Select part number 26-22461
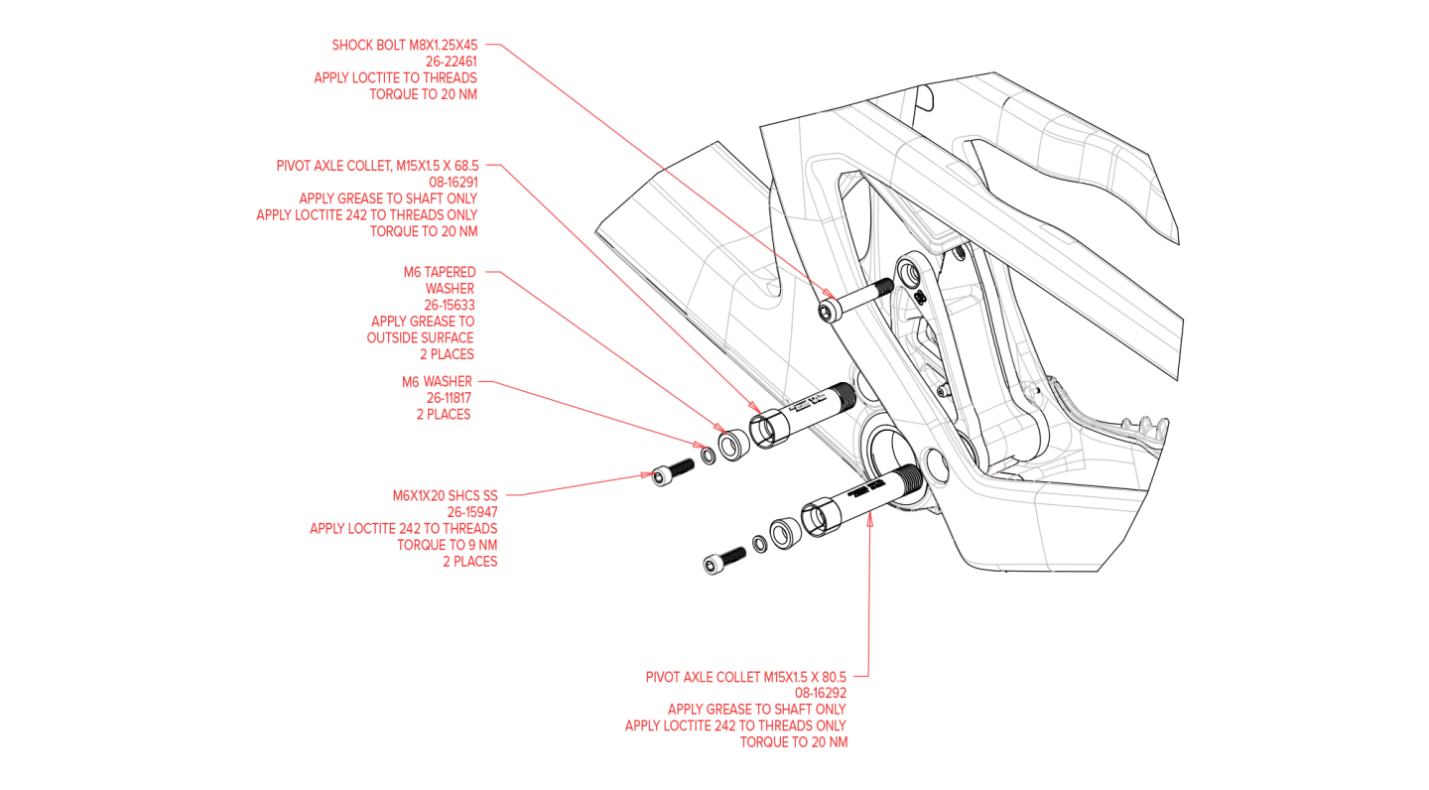(x=452, y=62)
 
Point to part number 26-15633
(x=449, y=305)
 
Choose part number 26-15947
(x=471, y=512)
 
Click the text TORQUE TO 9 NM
(x=447, y=545)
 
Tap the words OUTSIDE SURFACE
(x=420, y=337)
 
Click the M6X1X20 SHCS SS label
(x=445, y=495)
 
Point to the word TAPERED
(x=451, y=272)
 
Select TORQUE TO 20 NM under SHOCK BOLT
(x=423, y=94)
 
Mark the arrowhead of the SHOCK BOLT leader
(x=832, y=294)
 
